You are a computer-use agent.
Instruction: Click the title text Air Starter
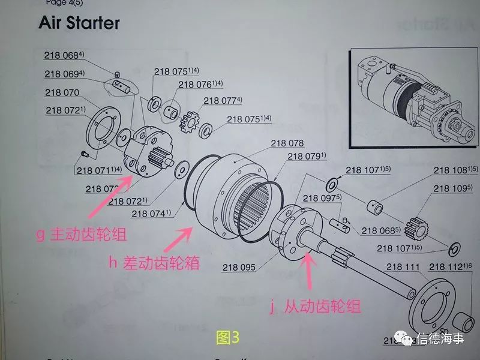click(79, 23)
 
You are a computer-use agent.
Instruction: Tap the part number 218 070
click(62, 93)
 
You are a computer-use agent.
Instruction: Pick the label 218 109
click(452, 188)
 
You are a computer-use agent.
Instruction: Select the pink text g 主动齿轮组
click(81, 235)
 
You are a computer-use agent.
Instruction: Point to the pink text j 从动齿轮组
click(315, 307)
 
